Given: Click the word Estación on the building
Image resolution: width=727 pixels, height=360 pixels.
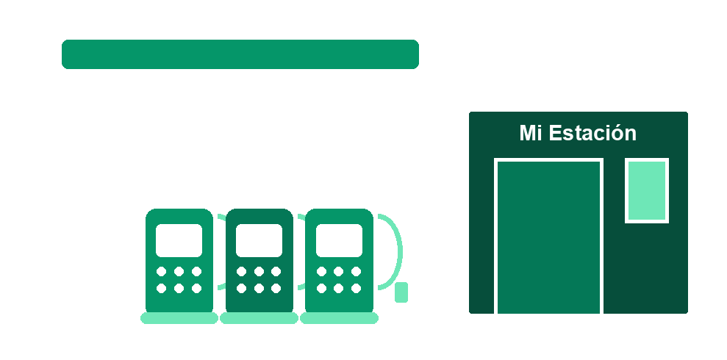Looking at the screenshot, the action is click(x=592, y=132).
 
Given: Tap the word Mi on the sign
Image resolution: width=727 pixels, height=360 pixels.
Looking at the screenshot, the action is click(x=531, y=132).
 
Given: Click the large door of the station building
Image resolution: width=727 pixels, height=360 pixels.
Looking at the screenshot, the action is click(x=548, y=237).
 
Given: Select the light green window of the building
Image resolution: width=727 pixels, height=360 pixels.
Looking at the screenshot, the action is click(x=647, y=190).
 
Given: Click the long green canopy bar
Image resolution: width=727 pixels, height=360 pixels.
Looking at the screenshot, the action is click(x=240, y=54).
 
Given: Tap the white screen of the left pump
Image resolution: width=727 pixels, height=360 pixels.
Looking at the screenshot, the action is click(x=179, y=240).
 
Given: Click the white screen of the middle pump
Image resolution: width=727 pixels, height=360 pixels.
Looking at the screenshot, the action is click(x=259, y=240).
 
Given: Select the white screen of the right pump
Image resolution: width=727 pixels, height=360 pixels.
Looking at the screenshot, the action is click(x=339, y=240).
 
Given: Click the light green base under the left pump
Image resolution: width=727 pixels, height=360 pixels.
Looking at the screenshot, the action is click(x=179, y=318).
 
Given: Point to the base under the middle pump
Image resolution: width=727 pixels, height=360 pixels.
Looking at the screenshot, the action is click(x=259, y=318).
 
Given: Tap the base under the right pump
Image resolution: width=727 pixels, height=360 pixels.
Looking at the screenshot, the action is click(x=339, y=318).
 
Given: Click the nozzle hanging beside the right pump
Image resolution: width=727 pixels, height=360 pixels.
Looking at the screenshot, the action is click(x=401, y=292).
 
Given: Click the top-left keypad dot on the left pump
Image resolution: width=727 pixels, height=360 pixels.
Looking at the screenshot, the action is click(x=161, y=271).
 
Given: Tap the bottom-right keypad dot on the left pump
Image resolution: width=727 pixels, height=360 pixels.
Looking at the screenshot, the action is click(x=196, y=289).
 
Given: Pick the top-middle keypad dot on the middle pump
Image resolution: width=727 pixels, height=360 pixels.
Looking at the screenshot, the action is click(x=259, y=271).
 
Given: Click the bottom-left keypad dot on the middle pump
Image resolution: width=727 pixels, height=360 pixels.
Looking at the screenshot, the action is click(x=242, y=289).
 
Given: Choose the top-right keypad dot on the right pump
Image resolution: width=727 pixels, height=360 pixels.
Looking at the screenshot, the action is click(x=356, y=271).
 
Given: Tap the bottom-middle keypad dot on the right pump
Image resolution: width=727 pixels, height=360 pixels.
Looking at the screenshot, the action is click(x=338, y=289).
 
